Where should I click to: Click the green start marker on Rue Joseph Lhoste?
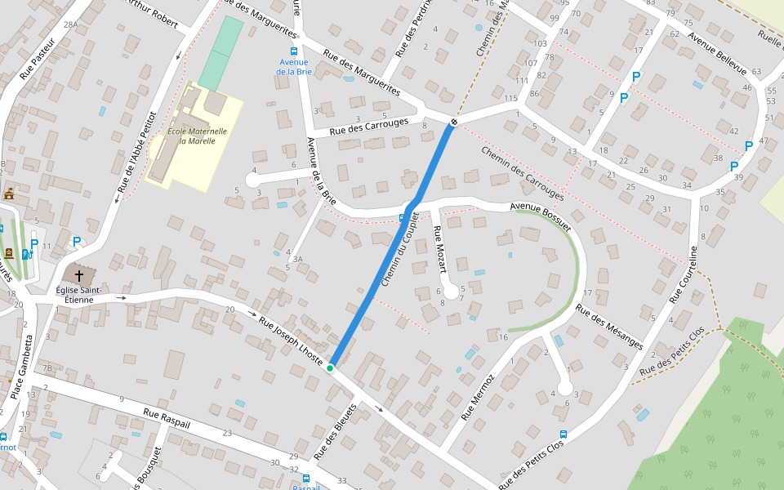click(x=330, y=368)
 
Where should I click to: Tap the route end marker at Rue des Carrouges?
click(x=453, y=122)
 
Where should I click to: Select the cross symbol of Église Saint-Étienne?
click(x=79, y=276)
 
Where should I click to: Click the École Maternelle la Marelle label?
click(x=191, y=136)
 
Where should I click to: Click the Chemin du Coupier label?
click(x=399, y=255)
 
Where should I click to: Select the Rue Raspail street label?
click(x=167, y=420)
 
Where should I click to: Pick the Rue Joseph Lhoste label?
click(x=292, y=335)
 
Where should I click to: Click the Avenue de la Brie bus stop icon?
click(x=294, y=51)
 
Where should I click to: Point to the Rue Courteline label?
click(x=684, y=274)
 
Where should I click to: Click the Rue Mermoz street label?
click(x=477, y=398)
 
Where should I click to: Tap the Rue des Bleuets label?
click(x=336, y=430)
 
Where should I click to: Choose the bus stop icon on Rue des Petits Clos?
click(x=563, y=434)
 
